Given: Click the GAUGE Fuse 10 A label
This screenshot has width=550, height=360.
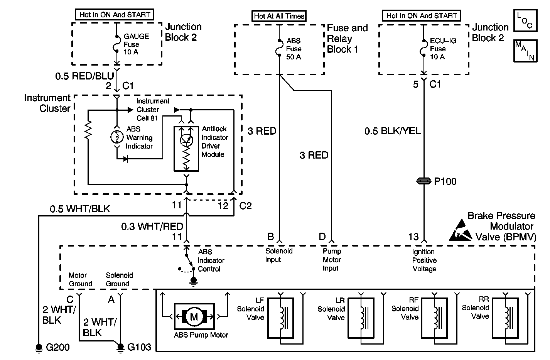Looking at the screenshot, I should (x=136, y=44).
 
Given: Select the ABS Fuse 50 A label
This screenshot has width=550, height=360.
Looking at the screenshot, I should (x=294, y=49).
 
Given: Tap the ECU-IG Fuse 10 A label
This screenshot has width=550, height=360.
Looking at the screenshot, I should (x=438, y=49).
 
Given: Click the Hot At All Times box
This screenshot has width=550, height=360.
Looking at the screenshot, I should (x=279, y=16).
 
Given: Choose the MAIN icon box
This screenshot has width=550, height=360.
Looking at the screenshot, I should (x=525, y=51).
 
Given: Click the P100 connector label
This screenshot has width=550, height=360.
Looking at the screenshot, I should (x=445, y=181).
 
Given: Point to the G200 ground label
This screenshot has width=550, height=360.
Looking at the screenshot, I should (x=58, y=347).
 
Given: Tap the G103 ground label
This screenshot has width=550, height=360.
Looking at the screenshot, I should (x=139, y=347).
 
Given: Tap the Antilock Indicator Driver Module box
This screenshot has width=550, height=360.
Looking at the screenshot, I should (x=186, y=149).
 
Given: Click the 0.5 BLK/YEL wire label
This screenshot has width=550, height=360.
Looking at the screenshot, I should (x=393, y=131).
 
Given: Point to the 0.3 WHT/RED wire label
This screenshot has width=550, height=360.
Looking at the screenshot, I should (x=152, y=226).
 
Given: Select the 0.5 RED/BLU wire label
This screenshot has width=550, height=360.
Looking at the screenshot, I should (x=84, y=76).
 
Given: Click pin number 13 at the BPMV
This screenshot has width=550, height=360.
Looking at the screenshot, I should (x=413, y=237).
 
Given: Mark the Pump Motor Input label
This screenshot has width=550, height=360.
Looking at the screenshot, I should (x=332, y=260).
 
